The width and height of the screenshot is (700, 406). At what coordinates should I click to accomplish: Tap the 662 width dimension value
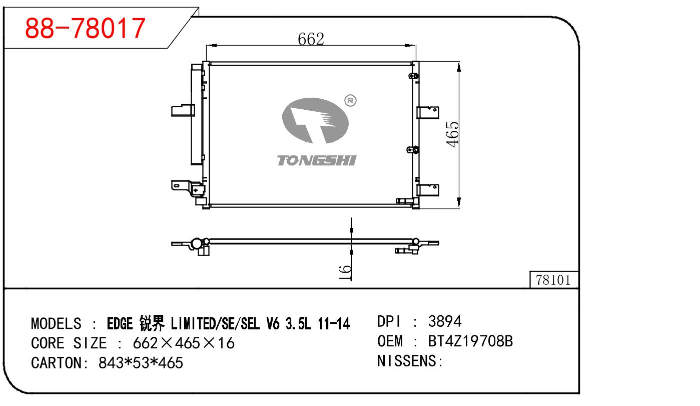pos(311,39)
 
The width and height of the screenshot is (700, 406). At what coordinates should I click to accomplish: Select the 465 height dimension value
pos(452,134)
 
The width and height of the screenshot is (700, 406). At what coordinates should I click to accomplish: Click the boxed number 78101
pos(553,280)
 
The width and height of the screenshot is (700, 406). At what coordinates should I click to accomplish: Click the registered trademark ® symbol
pos(350,101)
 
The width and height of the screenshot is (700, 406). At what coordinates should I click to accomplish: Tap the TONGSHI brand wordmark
pos(316,160)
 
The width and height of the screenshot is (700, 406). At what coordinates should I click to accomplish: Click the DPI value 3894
pos(445,321)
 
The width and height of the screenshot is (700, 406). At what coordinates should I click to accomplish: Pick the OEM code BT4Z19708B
pos(470,341)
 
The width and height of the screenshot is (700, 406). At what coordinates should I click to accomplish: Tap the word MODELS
pos(56,324)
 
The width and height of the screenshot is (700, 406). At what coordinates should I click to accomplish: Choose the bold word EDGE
pos(121,324)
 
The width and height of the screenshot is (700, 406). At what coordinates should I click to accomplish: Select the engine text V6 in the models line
pos(272,324)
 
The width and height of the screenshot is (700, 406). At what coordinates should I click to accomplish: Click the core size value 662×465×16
pos(183,343)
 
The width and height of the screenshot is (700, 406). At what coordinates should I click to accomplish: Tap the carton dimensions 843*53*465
pos(141,362)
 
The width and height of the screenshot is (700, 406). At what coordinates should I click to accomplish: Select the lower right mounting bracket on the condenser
pos(429,190)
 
